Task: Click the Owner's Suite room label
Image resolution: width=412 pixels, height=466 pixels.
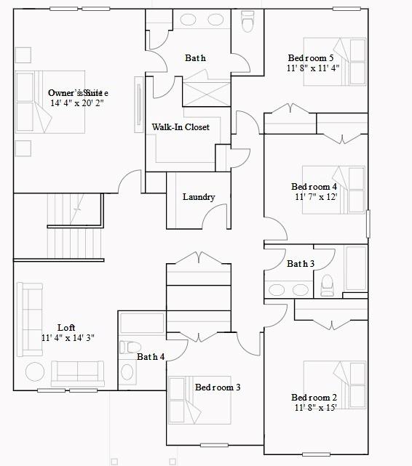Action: coord(77,92)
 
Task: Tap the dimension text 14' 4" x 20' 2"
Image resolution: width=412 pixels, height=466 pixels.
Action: coord(77,103)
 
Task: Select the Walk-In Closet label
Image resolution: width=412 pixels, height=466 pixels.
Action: coord(181,127)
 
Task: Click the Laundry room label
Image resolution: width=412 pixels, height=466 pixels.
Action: coord(198,197)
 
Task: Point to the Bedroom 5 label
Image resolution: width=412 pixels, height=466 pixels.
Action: coord(311,58)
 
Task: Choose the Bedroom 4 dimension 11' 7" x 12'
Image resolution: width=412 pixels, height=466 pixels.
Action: coord(315,197)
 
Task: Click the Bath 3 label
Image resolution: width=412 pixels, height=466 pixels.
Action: coord(300,264)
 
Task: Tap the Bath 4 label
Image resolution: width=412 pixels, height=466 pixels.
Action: coord(151,357)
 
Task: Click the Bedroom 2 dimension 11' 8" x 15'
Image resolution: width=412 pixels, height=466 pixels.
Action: coord(314,408)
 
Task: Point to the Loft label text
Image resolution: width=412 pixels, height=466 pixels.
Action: coord(66,328)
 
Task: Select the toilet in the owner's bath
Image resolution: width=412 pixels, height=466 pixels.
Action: coord(247,23)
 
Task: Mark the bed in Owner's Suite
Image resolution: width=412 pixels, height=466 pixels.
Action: coord(50,102)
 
